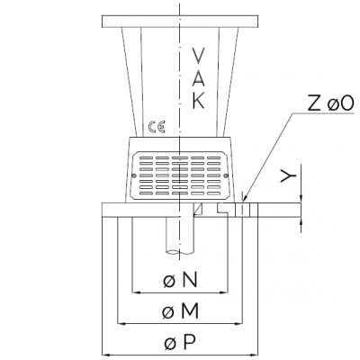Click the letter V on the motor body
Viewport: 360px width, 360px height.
coord(198,56)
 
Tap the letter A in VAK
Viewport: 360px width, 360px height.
coord(198,78)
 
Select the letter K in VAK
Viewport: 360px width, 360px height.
coord(199,101)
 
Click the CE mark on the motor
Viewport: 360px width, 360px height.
coord(157,127)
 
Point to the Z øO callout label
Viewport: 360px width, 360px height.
coord(330,103)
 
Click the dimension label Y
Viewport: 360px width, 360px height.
coord(288,176)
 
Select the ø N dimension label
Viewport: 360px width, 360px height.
coord(180,280)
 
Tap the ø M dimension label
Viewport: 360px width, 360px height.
coord(180,311)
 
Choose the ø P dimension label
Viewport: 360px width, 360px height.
coord(180,342)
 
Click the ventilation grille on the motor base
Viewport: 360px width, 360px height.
coord(180,175)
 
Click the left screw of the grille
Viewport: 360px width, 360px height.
coord(134,175)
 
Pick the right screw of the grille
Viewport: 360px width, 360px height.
coord(226,175)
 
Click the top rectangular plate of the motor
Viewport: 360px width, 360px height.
coord(180,22)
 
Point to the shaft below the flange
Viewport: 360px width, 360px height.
coord(180,236)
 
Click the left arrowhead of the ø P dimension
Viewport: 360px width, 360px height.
coord(105,355)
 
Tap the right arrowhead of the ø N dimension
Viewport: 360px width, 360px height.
coord(224,292)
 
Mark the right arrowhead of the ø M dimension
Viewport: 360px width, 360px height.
coord(238,324)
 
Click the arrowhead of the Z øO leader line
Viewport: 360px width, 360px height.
coord(245,199)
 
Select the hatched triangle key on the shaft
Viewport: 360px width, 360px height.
coord(198,210)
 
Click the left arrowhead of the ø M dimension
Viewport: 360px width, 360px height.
coord(121,324)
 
